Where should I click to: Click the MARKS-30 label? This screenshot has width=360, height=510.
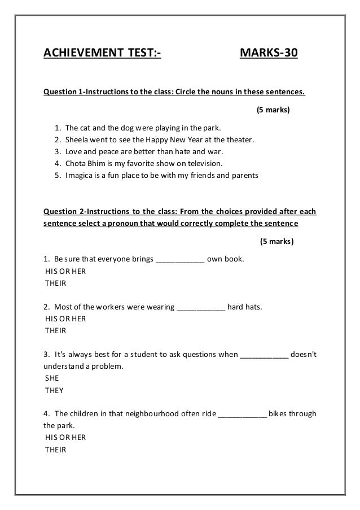coord(269,54)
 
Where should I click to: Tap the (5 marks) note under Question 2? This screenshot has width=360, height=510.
coord(276,241)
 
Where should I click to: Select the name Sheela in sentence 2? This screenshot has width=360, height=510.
coord(78,140)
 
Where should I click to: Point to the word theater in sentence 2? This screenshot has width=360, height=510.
coord(240,140)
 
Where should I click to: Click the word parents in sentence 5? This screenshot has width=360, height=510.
coord(244,176)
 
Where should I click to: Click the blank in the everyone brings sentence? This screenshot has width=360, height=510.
coord(179,260)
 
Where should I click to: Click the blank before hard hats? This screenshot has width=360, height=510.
coord(201,307)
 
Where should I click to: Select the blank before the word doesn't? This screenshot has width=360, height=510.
coord(265,355)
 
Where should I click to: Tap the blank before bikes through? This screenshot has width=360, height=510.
coord(242,414)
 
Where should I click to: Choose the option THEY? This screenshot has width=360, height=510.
coord(54,390)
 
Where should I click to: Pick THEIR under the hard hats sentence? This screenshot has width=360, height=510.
coord(55,331)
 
